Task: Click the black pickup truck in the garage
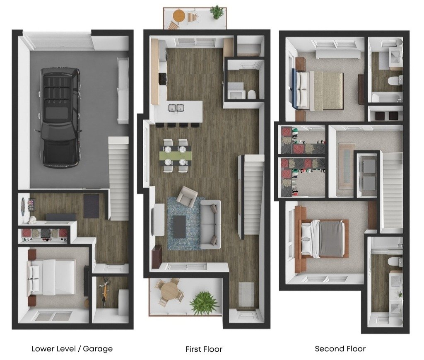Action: pos(60,118)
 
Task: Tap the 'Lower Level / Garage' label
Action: pos(72,349)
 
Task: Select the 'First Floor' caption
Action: pos(204,349)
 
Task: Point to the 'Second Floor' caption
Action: pos(340,349)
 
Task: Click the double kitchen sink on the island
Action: pos(176,108)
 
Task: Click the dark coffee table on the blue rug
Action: pos(179,227)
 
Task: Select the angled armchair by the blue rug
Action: pos(187,196)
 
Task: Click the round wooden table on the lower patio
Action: pos(169,292)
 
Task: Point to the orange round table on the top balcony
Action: pos(179,15)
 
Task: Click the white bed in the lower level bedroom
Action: pos(51,277)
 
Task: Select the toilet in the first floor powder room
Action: pos(251,94)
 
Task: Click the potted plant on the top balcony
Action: pos(217,12)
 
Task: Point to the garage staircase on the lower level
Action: pos(118,178)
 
